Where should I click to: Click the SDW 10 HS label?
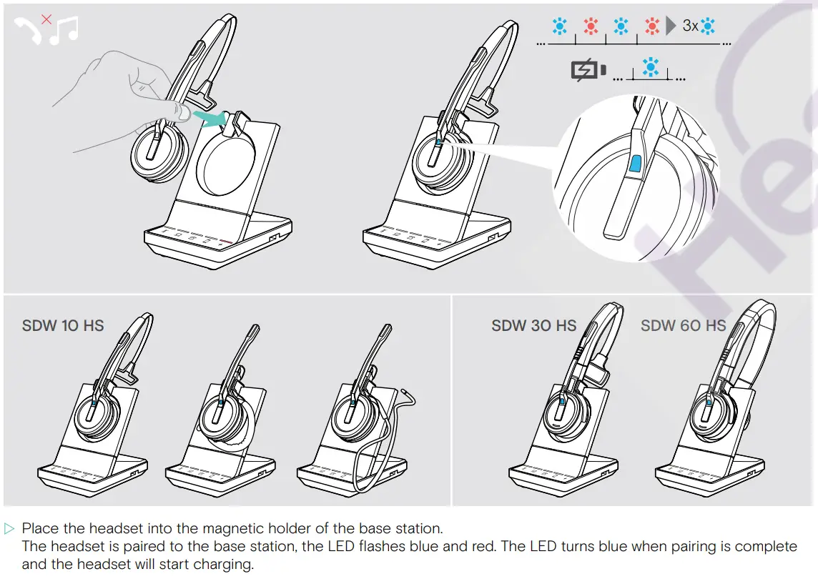[63, 326]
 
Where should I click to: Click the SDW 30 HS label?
[533, 326]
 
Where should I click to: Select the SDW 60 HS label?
[683, 326]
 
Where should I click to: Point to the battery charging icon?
[588, 70]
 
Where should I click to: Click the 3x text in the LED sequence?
[690, 26]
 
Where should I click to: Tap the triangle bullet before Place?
[9, 529]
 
